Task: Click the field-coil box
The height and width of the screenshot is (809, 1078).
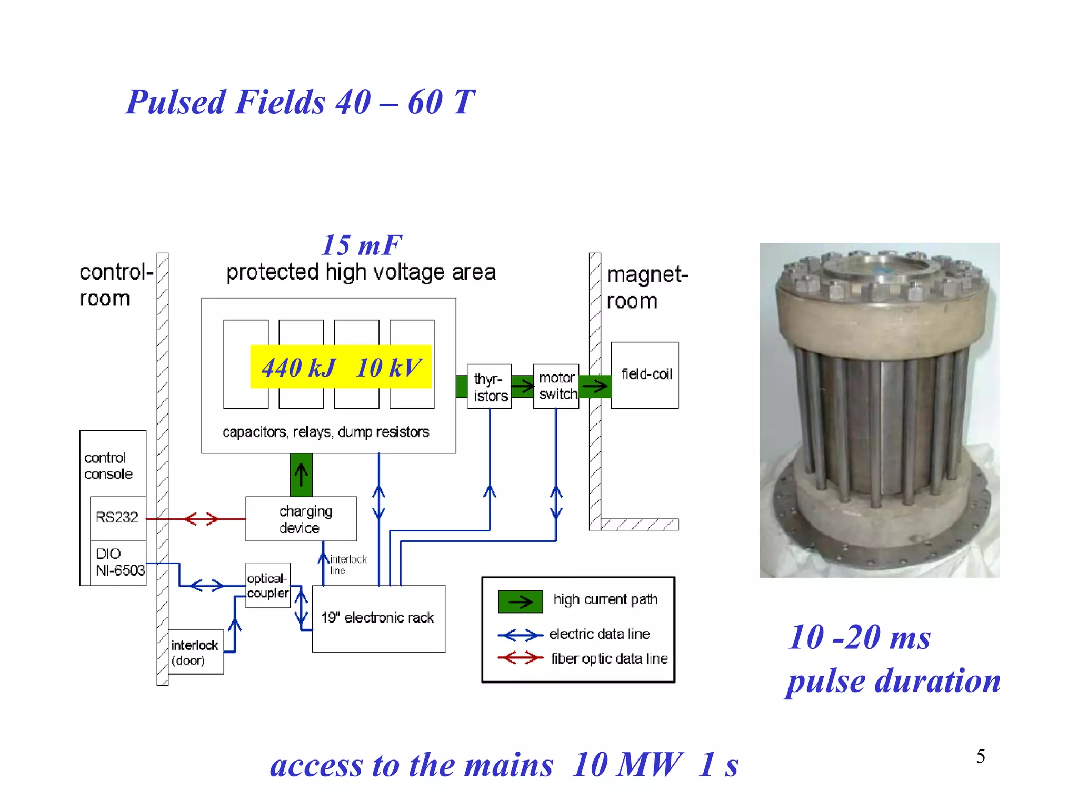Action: (645, 375)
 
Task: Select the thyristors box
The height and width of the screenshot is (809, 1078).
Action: (490, 387)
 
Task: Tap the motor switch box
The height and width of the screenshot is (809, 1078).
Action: (556, 386)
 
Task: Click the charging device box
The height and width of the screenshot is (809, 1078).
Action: (301, 519)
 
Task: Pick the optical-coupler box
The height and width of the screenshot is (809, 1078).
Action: (267, 586)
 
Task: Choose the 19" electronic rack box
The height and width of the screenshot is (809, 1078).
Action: (378, 618)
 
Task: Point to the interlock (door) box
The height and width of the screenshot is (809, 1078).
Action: (195, 652)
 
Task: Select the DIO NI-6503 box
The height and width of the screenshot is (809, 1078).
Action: (119, 563)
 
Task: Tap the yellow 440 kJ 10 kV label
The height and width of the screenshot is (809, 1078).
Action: (341, 367)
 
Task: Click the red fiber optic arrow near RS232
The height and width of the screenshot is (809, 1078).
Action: (201, 519)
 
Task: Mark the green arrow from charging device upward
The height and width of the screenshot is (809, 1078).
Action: (301, 475)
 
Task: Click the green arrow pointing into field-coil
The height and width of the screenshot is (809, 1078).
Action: (595, 387)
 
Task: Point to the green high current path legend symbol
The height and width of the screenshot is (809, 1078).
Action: (520, 601)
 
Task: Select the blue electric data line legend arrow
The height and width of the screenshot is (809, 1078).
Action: (520, 635)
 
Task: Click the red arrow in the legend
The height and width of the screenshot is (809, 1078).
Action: (520, 658)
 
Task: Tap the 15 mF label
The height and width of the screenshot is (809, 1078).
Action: (362, 245)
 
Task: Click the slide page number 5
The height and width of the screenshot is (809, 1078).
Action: (981, 756)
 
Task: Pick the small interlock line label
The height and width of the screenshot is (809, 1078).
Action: (348, 564)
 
